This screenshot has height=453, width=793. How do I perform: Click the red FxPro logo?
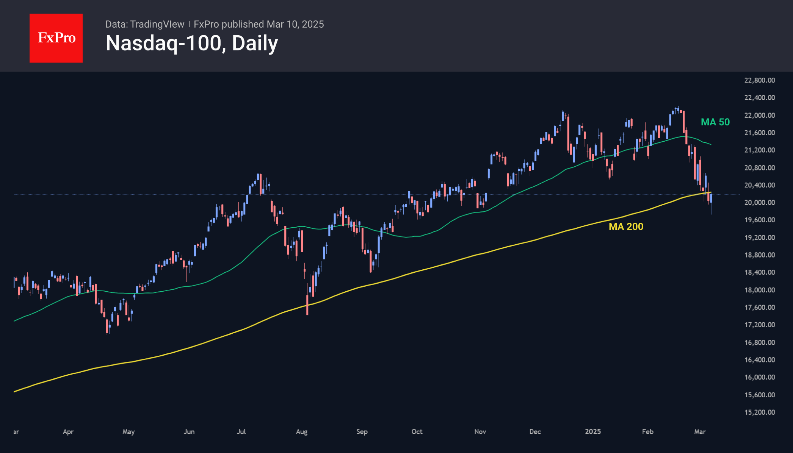[x=56, y=38]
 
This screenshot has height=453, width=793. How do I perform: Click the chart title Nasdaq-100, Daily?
[x=191, y=43]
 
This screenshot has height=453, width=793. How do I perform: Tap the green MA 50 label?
[x=715, y=122]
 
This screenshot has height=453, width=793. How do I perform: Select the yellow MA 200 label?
[x=626, y=227]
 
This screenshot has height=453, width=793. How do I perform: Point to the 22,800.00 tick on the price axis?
[x=759, y=80]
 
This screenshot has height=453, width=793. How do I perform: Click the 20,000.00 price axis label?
[x=759, y=203]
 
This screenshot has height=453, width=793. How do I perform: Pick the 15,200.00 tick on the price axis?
[x=759, y=412]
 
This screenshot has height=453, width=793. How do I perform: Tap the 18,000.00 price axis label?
[x=759, y=290]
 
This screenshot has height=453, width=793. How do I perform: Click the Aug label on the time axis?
[x=302, y=431]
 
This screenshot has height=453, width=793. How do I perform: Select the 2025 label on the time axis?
[x=593, y=431]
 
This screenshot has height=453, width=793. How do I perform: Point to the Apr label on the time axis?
[x=68, y=431]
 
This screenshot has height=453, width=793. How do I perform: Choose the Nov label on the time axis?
[x=480, y=431]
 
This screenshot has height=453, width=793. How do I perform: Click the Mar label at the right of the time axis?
[x=700, y=431]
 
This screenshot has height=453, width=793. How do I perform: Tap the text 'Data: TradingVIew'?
[x=145, y=24]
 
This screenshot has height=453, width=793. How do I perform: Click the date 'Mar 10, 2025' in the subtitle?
[x=295, y=24]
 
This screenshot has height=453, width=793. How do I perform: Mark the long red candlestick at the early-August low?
[x=307, y=305]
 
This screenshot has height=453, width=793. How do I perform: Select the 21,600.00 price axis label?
[x=759, y=133]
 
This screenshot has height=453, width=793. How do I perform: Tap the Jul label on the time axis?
[x=241, y=431]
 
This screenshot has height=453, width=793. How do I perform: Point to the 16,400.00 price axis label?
[x=759, y=360]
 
